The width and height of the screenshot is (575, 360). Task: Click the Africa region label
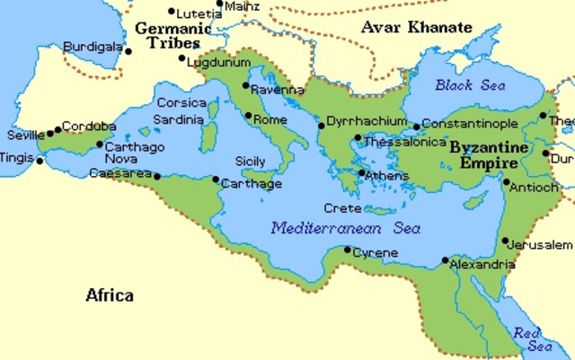click(110, 294)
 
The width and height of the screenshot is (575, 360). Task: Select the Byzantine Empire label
click(483, 154)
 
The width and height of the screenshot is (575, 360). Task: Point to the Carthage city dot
click(216, 180)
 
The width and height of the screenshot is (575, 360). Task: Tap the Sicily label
click(250, 161)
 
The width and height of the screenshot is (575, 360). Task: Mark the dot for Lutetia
click(172, 12)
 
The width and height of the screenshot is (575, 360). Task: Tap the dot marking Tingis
click(40, 161)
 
